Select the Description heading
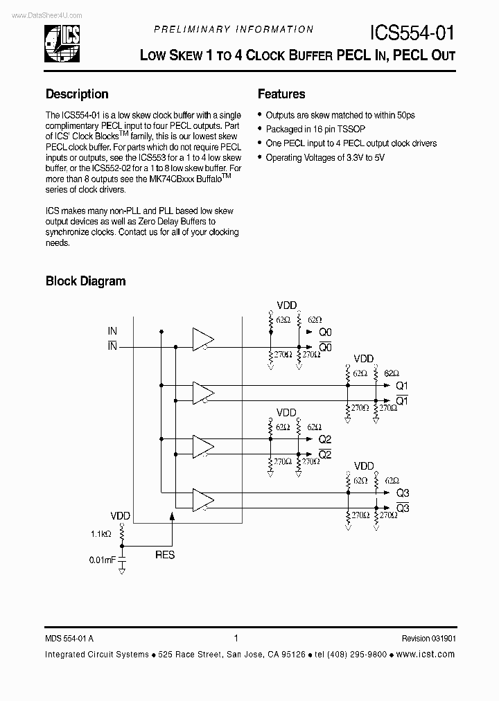(x=77, y=94)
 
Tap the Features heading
(x=281, y=94)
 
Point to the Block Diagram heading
(x=85, y=281)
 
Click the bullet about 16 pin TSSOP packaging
(x=315, y=130)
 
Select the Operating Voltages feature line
(x=324, y=157)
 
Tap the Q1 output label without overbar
(x=402, y=386)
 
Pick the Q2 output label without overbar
(x=325, y=440)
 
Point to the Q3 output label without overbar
(x=403, y=493)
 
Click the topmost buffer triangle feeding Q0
(x=203, y=339)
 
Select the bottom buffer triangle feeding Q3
(x=203, y=500)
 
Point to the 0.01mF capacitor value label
(x=102, y=559)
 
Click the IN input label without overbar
(x=112, y=332)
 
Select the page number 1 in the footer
(x=236, y=639)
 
